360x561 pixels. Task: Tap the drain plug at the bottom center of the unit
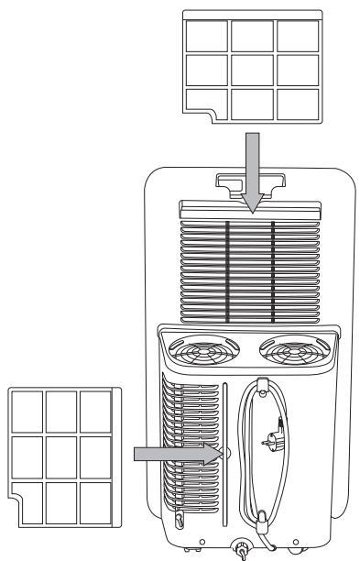coord(242,551)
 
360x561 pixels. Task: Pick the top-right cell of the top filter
coord(294,34)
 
